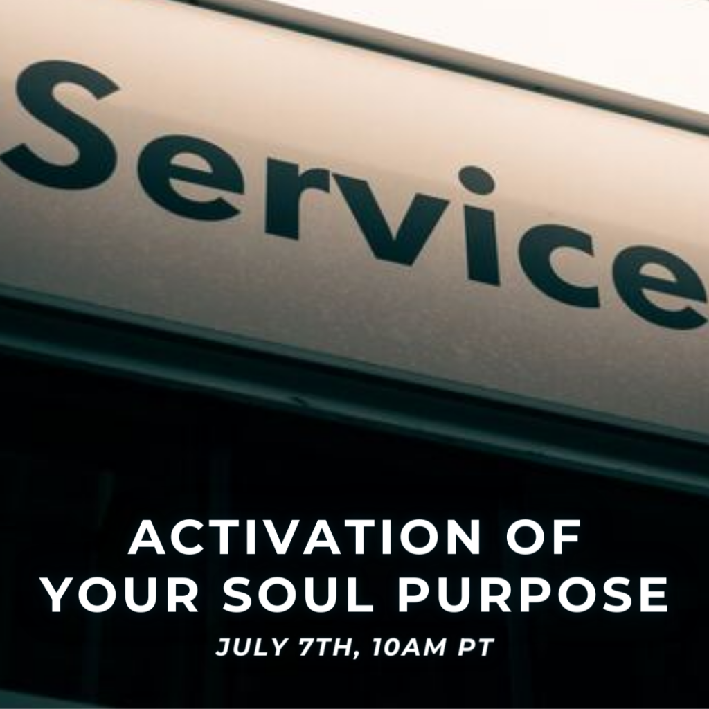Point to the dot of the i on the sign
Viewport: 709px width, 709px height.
click(477, 181)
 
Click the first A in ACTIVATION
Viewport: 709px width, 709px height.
click(147, 537)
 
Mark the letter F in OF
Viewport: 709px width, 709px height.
click(566, 537)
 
